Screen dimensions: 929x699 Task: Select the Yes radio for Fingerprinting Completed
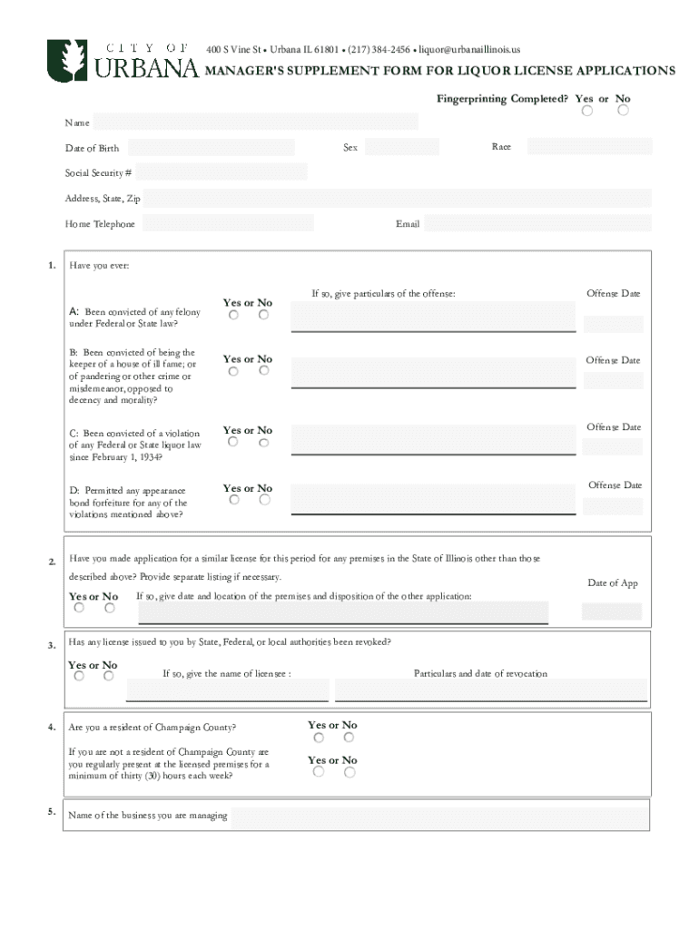tap(587, 111)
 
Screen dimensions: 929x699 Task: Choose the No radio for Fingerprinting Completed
tap(623, 111)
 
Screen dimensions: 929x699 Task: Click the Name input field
tap(255, 122)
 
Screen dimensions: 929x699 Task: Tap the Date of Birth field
tap(210, 148)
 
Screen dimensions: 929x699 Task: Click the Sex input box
tap(401, 147)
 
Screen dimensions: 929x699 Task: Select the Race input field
tap(589, 147)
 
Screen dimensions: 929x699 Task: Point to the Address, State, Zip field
tap(397, 199)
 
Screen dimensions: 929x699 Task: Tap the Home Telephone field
tap(227, 224)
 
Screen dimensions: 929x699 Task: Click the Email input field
tap(537, 224)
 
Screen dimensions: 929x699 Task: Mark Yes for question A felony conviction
tap(233, 315)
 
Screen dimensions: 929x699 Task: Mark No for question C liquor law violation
tap(263, 443)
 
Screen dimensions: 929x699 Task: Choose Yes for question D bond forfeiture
tap(233, 500)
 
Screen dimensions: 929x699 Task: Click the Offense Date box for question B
tap(613, 380)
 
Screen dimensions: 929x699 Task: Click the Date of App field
tap(611, 611)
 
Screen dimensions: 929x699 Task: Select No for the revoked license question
tap(108, 676)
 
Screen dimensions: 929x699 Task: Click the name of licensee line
tap(227, 692)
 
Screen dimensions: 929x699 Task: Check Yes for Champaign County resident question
tap(319, 738)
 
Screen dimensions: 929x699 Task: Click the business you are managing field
tap(439, 816)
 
